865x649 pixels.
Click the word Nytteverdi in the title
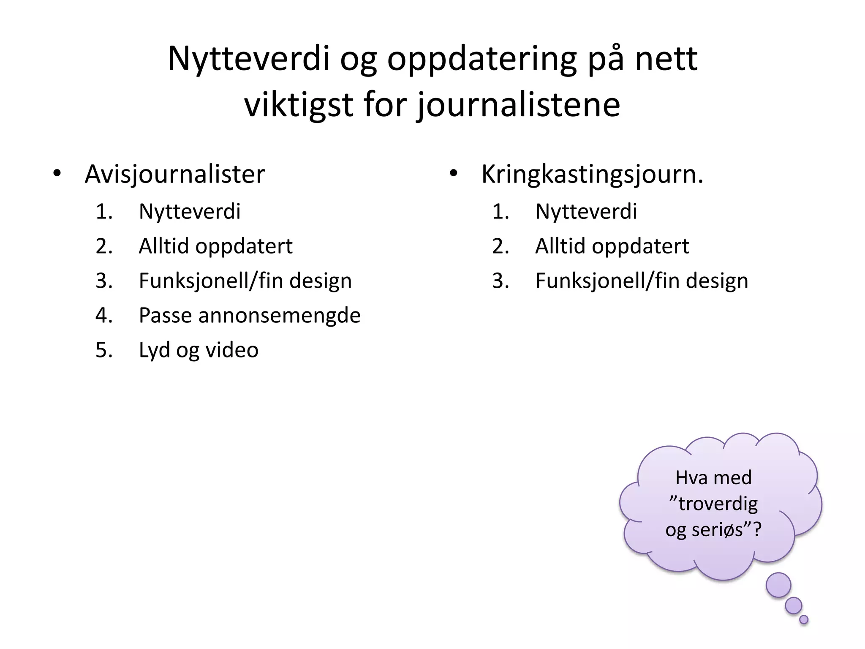coord(248,59)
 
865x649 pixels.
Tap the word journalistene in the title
coord(519,105)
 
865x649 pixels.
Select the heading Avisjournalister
coord(174,174)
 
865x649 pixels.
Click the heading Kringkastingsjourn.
coord(592,174)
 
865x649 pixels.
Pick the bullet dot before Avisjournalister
coord(57,173)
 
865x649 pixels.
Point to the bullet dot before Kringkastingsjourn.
coord(454,173)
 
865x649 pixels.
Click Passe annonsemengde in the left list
coord(250,316)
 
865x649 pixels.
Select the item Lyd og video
coord(199,350)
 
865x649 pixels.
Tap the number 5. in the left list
coord(104,350)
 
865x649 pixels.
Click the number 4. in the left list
coord(104,316)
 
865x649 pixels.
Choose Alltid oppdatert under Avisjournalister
coord(215,246)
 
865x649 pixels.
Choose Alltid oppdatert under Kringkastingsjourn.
coord(612,246)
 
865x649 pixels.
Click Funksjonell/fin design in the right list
coord(642,281)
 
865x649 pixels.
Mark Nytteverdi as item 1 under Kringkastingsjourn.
coord(586,212)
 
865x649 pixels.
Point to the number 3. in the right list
coord(501,281)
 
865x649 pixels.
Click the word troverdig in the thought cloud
coord(718,504)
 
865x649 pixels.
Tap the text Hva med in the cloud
coord(713,478)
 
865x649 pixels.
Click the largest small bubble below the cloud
coord(778,585)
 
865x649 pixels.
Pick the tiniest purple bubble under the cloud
coord(804,619)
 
